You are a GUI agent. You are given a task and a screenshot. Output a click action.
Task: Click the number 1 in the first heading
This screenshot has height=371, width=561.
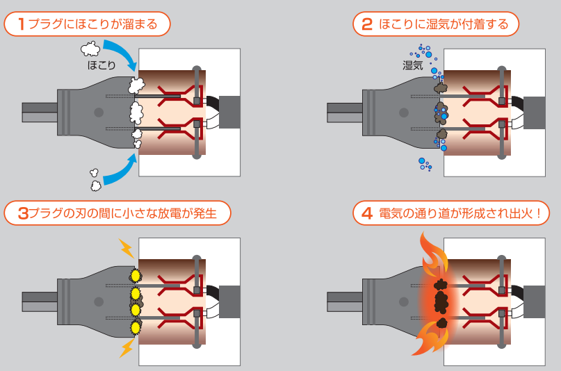click(x=22, y=24)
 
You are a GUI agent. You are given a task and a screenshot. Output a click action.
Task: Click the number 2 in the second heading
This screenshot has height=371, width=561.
click(x=367, y=24)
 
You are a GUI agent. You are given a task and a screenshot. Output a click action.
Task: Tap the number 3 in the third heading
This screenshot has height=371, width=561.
click(x=22, y=213)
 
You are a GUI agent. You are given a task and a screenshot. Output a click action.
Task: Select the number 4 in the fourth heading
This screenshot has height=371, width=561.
click(x=367, y=213)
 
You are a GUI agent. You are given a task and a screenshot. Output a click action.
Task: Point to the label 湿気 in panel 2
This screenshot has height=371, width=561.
click(x=413, y=66)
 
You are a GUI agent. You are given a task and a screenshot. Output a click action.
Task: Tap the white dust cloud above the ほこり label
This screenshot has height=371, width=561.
click(x=90, y=48)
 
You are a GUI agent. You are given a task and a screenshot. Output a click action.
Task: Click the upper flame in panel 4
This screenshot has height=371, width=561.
click(x=433, y=253)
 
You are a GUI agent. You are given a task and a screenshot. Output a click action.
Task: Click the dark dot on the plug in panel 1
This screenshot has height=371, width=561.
click(x=99, y=112)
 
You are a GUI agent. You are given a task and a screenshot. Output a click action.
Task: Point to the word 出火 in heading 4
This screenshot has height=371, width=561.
click(x=520, y=213)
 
